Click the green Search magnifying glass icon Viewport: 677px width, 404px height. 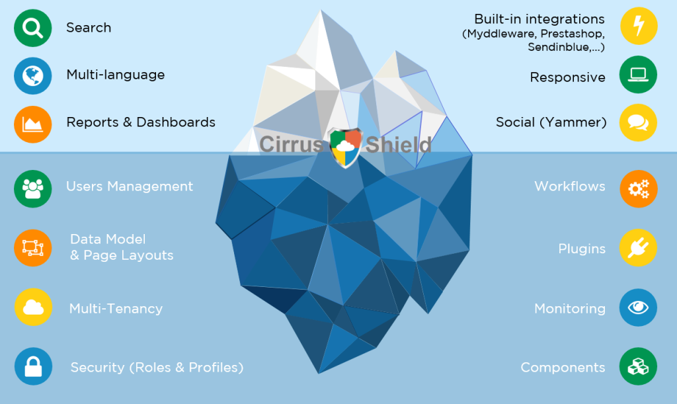coord(32,28)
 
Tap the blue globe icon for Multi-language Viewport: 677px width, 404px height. coord(32,75)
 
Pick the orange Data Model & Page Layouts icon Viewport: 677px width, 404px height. coord(32,248)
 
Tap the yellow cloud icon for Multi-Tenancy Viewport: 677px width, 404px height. coord(32,307)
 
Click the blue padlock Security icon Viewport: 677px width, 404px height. coord(32,366)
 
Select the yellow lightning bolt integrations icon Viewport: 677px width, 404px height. coord(639,26)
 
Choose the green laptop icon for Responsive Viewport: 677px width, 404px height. coord(639,75)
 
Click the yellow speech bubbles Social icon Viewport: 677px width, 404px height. coord(639,122)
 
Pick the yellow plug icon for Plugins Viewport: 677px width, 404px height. coord(639,248)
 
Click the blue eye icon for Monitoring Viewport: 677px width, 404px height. coord(639,307)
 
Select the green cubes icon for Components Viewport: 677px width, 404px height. coord(639,366)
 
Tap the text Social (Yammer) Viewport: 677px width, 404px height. coord(551,122)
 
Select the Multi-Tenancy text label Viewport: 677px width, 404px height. coord(116,309)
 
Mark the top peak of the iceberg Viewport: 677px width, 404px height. coord(323,11)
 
